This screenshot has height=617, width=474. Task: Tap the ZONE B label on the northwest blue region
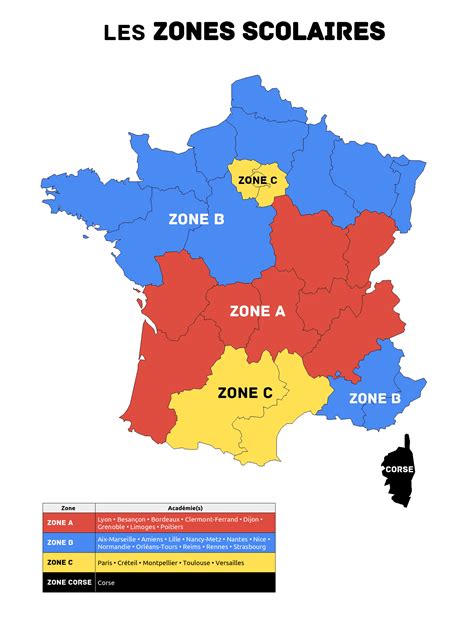(x=196, y=219)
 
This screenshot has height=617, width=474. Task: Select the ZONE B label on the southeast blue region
(x=374, y=398)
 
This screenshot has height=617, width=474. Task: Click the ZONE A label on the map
(x=257, y=311)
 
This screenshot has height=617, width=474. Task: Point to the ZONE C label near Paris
(x=259, y=180)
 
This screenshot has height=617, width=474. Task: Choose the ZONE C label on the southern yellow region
(x=245, y=393)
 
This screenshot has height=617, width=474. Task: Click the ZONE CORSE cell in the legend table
(x=68, y=581)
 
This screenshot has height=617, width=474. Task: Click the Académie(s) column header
(x=184, y=508)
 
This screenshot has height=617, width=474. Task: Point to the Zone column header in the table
(x=68, y=508)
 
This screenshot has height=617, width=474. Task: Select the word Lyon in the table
(x=105, y=519)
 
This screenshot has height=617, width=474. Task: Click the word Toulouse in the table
(x=200, y=562)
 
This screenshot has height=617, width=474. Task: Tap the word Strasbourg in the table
(x=249, y=547)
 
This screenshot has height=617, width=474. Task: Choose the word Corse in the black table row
(x=106, y=581)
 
